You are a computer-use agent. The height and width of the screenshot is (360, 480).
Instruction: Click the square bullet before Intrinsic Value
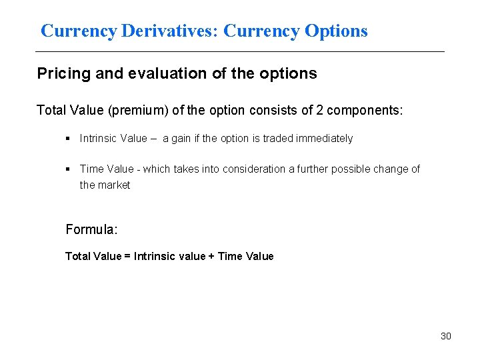click(x=69, y=139)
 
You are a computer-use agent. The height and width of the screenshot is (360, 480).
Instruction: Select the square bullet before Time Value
click(x=69, y=169)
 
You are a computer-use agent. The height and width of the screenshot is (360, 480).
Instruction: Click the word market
click(x=114, y=185)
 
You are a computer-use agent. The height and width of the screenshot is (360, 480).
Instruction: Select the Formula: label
click(x=91, y=229)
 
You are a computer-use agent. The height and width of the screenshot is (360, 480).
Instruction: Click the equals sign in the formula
click(x=128, y=256)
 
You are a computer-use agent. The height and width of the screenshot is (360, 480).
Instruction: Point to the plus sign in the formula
click(x=212, y=256)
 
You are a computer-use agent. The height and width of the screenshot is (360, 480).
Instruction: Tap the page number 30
click(x=445, y=336)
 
